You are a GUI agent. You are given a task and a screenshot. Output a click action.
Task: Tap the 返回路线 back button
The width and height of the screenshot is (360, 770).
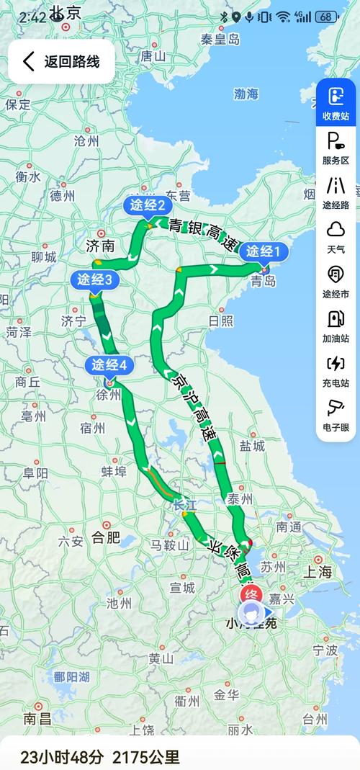pos(61,61)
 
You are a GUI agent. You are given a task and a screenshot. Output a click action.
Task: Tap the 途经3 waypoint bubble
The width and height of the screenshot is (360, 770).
pos(94,279)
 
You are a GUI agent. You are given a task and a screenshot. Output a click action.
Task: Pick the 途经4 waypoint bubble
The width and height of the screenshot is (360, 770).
pos(109,365)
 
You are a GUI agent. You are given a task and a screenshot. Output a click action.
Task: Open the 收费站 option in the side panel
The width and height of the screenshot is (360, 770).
pos(336,103)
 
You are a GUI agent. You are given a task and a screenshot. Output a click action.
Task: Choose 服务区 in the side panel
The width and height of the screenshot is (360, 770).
pos(336,148)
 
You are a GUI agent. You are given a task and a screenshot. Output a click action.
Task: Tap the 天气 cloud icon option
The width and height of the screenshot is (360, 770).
pos(336,237)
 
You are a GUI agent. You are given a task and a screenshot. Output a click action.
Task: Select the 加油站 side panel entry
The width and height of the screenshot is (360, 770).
pos(336,326)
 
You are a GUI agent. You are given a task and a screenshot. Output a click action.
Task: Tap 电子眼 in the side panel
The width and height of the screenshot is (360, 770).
pos(336,416)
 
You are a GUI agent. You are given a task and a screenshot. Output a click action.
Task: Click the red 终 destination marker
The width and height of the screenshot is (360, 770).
pos(250,594)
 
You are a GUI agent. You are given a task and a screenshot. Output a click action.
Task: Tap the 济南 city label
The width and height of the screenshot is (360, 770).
pos(100,246)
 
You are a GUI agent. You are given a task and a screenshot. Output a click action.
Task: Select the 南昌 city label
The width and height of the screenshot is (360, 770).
pos(37,718)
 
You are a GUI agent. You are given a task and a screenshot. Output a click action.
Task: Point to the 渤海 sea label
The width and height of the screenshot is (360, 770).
pos(246,94)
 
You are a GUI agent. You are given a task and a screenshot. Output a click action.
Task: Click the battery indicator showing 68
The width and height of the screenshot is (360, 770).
pos(326,17)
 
